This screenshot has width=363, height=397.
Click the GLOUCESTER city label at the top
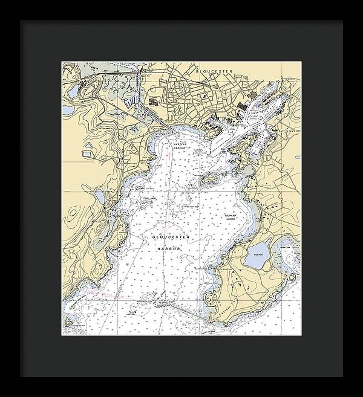click(214, 71)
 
